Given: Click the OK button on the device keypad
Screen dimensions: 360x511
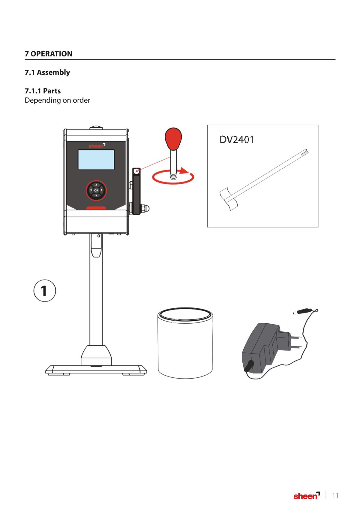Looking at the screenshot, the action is click(x=96, y=190).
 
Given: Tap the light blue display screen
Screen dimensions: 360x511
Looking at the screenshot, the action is click(x=96, y=160).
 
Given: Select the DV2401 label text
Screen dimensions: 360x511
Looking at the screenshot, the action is click(x=237, y=140).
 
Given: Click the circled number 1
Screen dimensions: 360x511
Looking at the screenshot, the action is click(x=45, y=291).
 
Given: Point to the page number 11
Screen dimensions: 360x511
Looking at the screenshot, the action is click(x=335, y=495).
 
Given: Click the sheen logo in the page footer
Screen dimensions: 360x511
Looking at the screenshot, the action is click(x=307, y=495).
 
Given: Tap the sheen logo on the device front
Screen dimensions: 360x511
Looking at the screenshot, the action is click(x=97, y=146).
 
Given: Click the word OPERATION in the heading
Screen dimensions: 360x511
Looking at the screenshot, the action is click(x=51, y=54).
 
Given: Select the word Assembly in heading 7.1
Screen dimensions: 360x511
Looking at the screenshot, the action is click(x=53, y=73).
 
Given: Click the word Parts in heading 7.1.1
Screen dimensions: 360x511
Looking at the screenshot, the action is click(x=52, y=91).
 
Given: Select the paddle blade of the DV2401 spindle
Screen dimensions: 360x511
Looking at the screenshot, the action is click(x=228, y=199).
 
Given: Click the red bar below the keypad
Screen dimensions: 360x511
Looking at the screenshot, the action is click(x=96, y=208).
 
